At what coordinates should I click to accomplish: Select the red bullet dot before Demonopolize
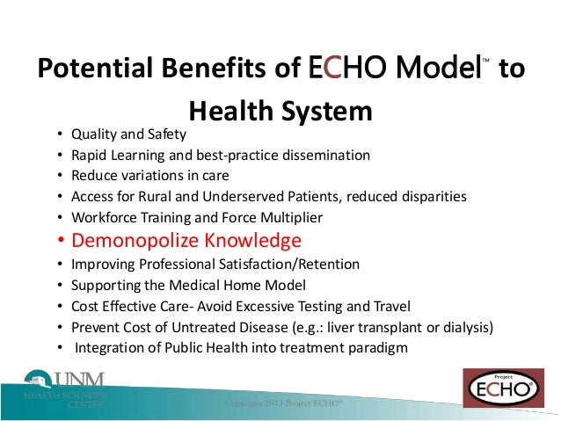[x=60, y=241]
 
